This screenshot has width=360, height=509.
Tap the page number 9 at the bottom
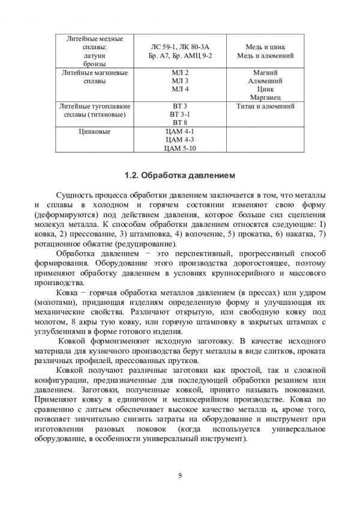[x=180, y=476]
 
